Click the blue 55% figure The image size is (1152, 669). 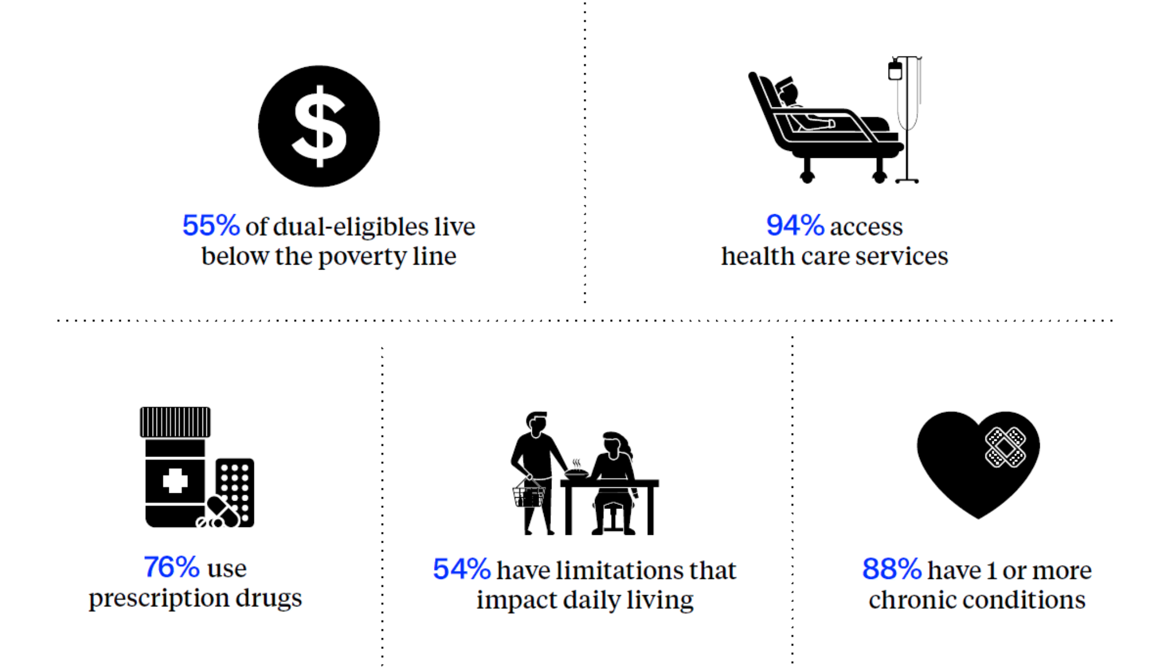(211, 225)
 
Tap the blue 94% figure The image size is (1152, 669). (795, 225)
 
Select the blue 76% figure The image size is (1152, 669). (171, 567)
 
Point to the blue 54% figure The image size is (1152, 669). (461, 569)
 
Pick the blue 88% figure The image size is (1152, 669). (891, 569)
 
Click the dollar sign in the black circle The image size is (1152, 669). (319, 126)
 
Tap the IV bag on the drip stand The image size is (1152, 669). (895, 70)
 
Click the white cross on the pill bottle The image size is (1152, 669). (175, 481)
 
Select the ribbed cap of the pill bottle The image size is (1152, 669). (175, 422)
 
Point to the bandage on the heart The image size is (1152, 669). (1005, 447)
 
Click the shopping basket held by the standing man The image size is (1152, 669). (528, 493)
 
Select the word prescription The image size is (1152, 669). (159, 598)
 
